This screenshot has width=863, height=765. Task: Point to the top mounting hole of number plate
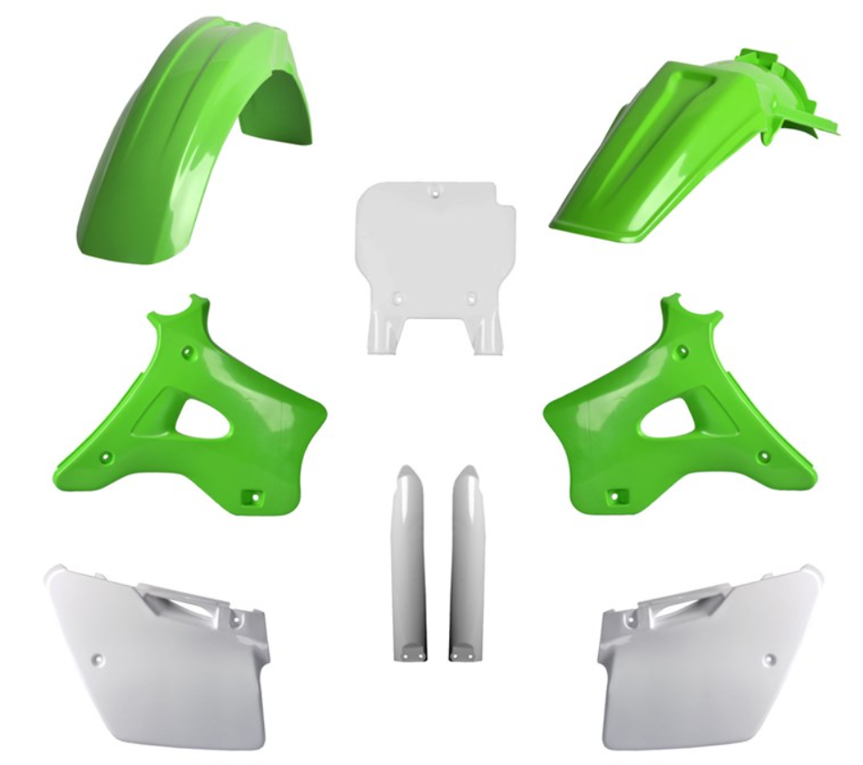pos(435,194)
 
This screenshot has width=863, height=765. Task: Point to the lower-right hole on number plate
pos(471,297)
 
